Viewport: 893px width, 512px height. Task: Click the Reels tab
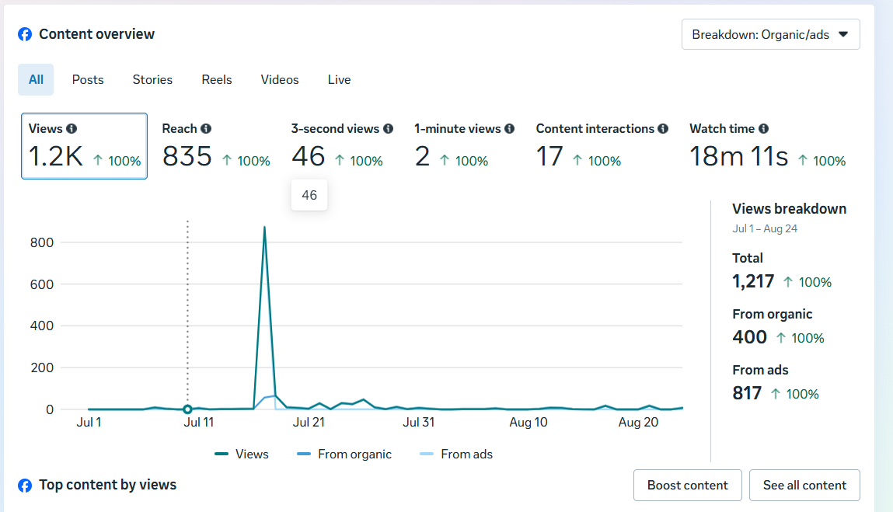coord(216,79)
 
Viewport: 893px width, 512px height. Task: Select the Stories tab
coord(152,79)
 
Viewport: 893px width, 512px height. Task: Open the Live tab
coord(339,79)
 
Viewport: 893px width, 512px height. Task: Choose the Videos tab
coord(280,79)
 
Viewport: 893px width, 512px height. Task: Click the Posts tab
coord(88,79)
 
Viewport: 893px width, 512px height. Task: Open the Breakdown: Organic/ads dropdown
coord(770,34)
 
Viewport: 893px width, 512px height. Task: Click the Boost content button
coord(687,485)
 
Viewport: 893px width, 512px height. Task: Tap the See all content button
coord(804,485)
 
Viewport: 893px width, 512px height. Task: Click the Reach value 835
coord(187,157)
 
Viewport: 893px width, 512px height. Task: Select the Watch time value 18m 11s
coord(738,157)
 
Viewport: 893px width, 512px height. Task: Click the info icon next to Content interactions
coord(663,129)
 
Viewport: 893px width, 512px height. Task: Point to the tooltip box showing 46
coord(309,195)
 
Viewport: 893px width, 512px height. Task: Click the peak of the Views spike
coord(264,228)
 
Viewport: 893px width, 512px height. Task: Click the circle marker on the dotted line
coord(187,409)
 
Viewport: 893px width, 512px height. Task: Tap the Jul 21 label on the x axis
coord(309,423)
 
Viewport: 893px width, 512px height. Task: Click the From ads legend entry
coord(456,455)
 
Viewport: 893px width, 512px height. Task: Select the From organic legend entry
coord(344,455)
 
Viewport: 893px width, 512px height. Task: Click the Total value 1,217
coord(753,281)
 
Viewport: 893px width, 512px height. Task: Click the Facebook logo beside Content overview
coord(25,34)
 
